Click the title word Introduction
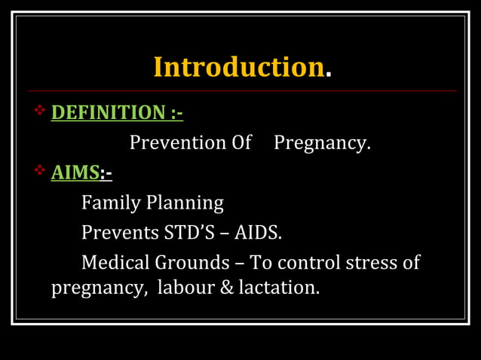coord(238,67)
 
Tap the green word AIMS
coord(75,172)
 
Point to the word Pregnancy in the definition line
coord(321,143)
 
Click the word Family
coord(112,203)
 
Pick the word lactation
coord(278,288)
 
